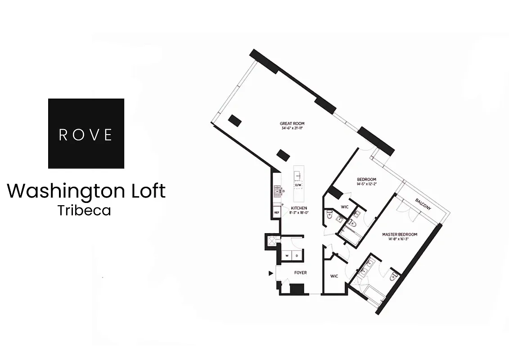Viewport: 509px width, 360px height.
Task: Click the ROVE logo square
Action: click(86, 133)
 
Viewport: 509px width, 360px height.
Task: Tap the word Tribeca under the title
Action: click(84, 210)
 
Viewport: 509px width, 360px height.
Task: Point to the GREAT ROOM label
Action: click(293, 123)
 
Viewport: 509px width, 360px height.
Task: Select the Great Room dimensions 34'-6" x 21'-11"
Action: click(293, 129)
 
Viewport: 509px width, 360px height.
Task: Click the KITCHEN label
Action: click(299, 208)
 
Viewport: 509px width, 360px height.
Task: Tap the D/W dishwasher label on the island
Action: click(298, 185)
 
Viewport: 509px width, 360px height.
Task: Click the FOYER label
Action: click(301, 273)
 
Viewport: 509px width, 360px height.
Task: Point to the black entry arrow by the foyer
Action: click(270, 273)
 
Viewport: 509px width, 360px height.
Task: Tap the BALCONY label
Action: click(423, 204)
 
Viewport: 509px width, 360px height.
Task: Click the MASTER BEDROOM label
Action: click(400, 234)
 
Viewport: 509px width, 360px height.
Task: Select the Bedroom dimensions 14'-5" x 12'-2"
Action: click(366, 184)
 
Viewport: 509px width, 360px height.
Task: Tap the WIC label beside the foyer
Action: click(334, 276)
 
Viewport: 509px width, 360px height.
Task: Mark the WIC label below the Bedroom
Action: click(345, 207)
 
